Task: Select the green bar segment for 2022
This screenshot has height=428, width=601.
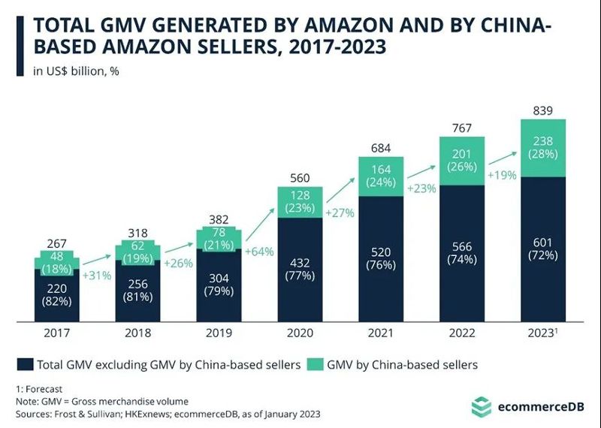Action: (x=462, y=161)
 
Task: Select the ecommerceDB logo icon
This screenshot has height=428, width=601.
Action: (x=481, y=408)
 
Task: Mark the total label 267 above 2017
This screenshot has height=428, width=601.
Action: (x=56, y=243)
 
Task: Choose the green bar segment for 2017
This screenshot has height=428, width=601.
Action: (x=56, y=261)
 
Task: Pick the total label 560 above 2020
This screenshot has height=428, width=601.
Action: (x=300, y=179)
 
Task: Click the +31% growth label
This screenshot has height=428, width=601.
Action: (x=96, y=276)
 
